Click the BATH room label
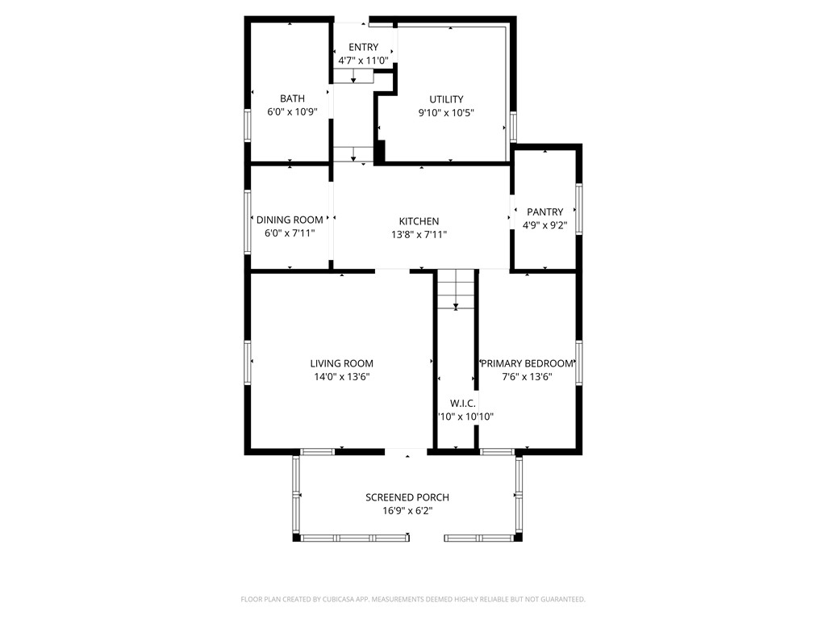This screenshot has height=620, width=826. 292,99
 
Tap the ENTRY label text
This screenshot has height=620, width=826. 363,48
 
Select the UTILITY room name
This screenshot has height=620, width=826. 446,99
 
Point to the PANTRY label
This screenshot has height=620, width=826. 545,212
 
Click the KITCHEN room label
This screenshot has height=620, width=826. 419,221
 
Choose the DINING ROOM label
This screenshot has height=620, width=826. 290,220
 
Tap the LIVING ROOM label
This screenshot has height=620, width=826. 342,364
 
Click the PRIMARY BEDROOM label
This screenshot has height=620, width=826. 528,364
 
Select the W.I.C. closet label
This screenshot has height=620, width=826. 463,403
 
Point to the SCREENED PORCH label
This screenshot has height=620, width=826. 407,497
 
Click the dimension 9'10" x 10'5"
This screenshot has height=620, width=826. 446,113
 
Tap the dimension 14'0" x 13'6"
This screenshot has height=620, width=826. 342,377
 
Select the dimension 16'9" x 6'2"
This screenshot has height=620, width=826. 407,511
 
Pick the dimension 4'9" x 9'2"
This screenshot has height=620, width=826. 545,226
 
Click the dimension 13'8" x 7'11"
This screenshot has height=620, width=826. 419,235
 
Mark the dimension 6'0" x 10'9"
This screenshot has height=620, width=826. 292,113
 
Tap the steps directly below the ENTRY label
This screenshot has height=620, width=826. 354,76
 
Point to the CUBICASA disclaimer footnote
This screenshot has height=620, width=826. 413,599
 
